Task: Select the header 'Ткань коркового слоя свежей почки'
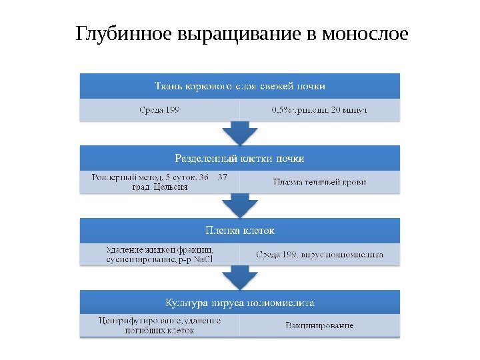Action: tap(240, 86)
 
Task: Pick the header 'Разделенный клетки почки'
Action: tap(240, 159)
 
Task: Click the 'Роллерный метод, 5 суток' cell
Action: tap(159, 182)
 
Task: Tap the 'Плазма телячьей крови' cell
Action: tap(320, 182)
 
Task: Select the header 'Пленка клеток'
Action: tap(240, 231)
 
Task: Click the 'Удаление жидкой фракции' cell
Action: tap(159, 253)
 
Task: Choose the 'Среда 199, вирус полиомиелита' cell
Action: tap(320, 254)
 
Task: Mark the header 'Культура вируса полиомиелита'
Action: tap(240, 303)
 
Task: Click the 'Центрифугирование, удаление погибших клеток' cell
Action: tap(159, 325)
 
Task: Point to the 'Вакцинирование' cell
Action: tap(320, 326)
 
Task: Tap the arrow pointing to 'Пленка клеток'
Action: tap(240, 205)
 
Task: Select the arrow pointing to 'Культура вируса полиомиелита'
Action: tap(240, 277)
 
